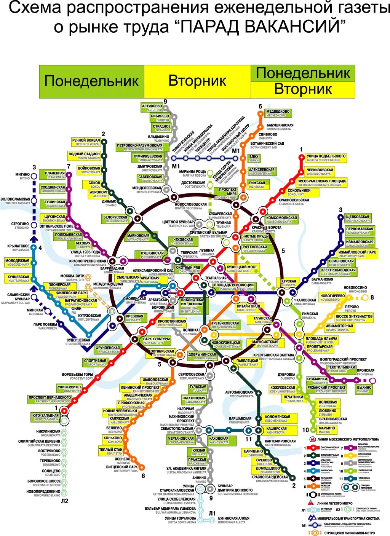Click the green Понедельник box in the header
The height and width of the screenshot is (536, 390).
91,81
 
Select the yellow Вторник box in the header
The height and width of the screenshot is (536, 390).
197,81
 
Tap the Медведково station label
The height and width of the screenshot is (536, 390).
278,113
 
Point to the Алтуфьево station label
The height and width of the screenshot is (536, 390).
152,107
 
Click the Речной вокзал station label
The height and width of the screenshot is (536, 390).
86,142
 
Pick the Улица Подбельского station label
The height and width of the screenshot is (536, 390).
326,158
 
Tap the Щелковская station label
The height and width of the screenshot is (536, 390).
358,219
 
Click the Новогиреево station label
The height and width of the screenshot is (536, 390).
332,297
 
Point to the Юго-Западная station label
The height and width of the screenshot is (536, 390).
45,417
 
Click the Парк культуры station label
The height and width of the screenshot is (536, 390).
156,341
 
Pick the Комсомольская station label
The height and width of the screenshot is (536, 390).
281,220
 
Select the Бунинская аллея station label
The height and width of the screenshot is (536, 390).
233,520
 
